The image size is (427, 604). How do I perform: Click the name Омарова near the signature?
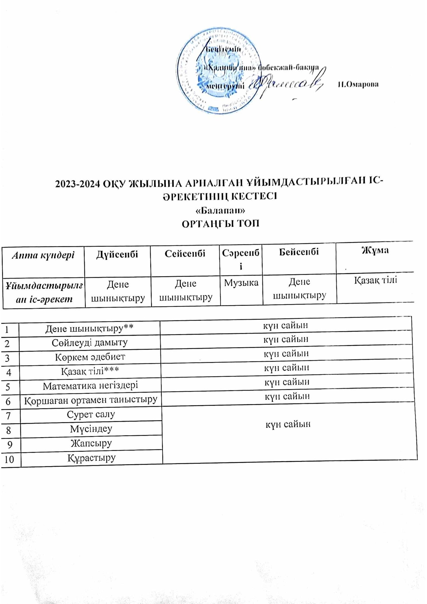tap(358, 84)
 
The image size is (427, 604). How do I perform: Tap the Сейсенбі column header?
tap(185, 253)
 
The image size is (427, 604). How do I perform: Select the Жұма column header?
tap(375, 250)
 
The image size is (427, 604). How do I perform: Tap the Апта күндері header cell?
tap(43, 255)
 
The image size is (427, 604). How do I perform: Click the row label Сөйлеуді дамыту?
tap(89, 343)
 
